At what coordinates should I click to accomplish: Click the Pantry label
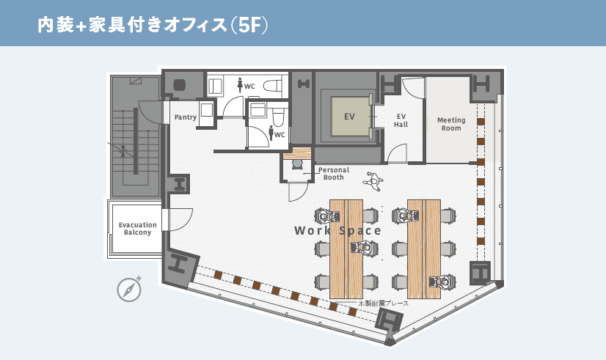click(x=186, y=117)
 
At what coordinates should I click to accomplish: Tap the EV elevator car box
click(x=350, y=117)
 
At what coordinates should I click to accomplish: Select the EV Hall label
click(x=401, y=120)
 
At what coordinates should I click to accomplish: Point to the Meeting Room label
click(x=451, y=124)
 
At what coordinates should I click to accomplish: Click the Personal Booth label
click(x=334, y=174)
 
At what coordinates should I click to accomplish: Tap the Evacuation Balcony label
click(x=138, y=228)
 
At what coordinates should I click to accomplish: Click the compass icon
click(x=129, y=290)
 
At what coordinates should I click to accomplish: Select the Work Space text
click(x=337, y=231)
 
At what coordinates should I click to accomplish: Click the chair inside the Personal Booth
click(x=297, y=164)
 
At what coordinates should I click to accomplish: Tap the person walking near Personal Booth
click(x=373, y=181)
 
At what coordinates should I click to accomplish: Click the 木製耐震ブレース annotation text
click(x=384, y=304)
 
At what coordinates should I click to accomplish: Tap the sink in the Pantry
click(x=206, y=109)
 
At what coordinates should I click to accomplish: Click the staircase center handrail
click(x=136, y=141)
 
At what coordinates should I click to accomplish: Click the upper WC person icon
click(x=240, y=84)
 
